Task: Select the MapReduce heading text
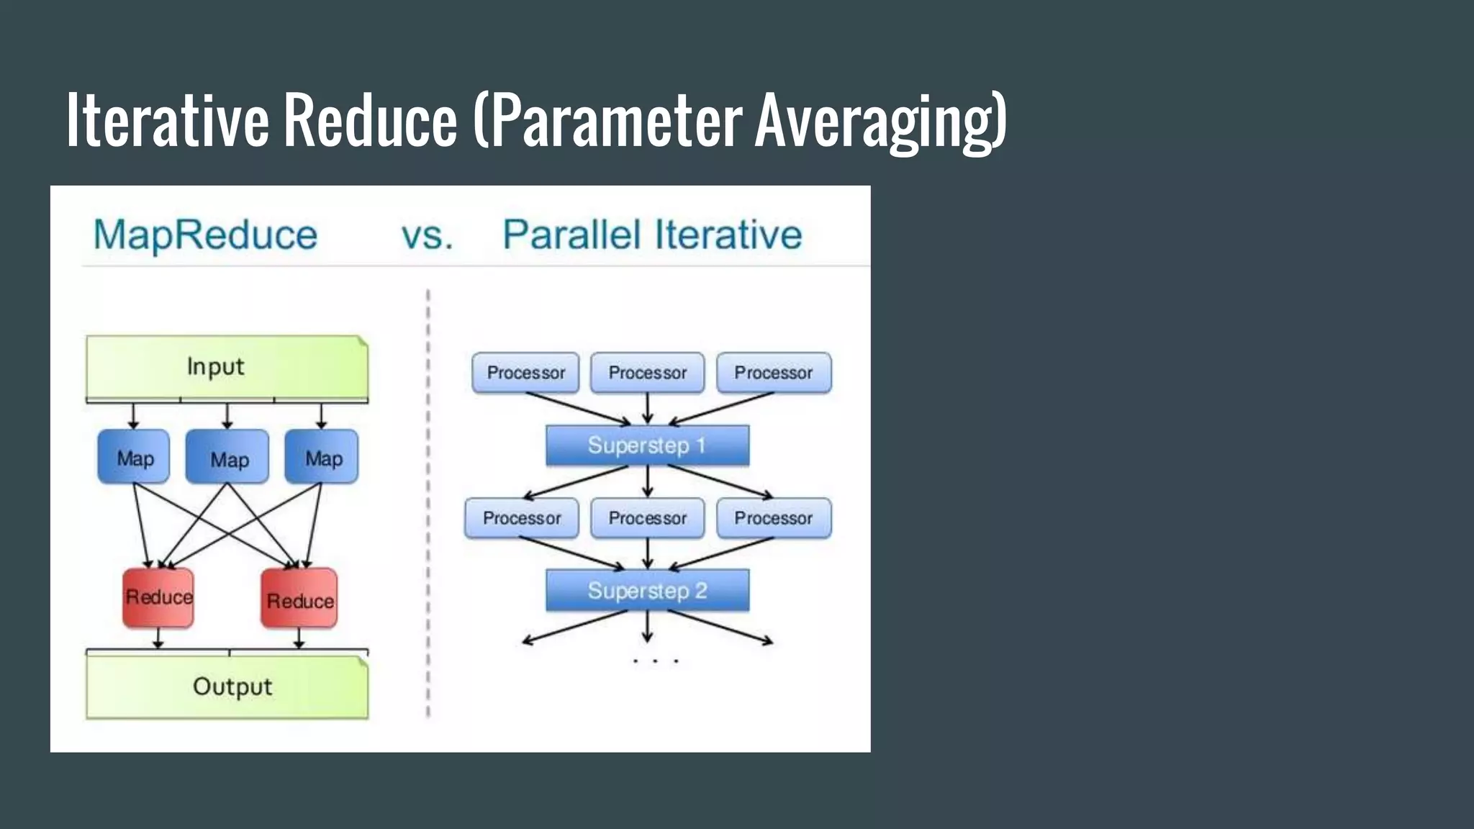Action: pyautogui.click(x=205, y=235)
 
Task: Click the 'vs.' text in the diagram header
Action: pyautogui.click(x=427, y=235)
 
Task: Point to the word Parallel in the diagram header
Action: pyautogui.click(x=571, y=235)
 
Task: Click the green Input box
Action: pyautogui.click(x=226, y=366)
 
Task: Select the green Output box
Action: pyautogui.click(x=226, y=687)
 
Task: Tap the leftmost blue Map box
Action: pyautogui.click(x=134, y=457)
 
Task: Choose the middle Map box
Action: pyautogui.click(x=227, y=457)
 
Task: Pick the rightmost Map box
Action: pyautogui.click(x=322, y=457)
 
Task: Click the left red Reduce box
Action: pyautogui.click(x=158, y=597)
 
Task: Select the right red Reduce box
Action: pyautogui.click(x=299, y=599)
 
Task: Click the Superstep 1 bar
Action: pyautogui.click(x=647, y=445)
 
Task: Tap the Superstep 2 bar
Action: pyautogui.click(x=647, y=591)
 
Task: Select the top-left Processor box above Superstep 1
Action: pyautogui.click(x=525, y=373)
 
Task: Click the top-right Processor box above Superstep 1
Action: pyautogui.click(x=774, y=373)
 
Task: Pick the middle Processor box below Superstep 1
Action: pyautogui.click(x=647, y=518)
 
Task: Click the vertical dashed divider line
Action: pyautogui.click(x=428, y=504)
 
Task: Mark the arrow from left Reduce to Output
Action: pyautogui.click(x=158, y=638)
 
